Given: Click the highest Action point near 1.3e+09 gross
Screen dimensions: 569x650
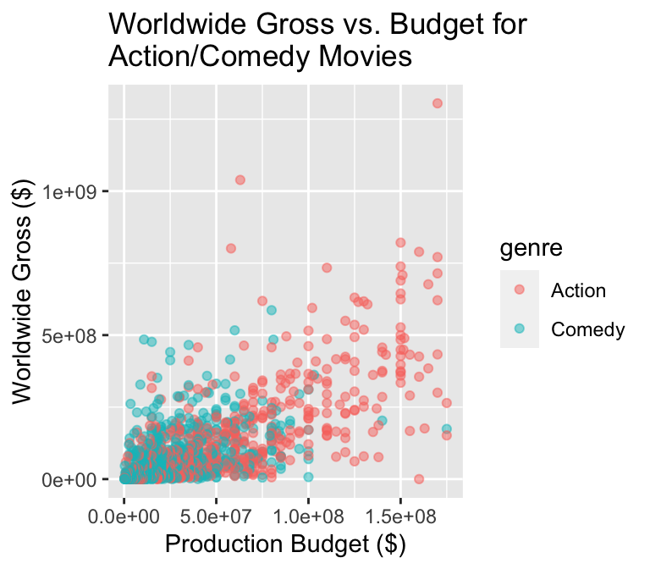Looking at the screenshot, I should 438,103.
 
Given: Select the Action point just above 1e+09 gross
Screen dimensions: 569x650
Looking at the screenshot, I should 240,180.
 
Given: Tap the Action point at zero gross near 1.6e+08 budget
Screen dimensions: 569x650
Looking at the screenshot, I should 419,479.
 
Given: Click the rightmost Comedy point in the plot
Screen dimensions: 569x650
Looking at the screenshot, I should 447,429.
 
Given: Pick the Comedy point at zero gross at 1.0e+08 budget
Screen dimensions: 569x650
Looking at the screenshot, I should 308,478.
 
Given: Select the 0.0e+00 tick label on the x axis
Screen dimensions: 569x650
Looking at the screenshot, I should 124,515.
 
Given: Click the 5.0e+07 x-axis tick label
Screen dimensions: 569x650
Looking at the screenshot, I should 216,515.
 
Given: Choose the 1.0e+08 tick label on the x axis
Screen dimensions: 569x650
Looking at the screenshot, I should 308,515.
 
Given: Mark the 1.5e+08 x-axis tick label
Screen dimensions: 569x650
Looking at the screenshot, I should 400,515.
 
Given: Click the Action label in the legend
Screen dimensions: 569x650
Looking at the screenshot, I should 578,291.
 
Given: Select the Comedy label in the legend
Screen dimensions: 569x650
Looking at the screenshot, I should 587,329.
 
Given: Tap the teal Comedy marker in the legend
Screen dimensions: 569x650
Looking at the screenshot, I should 519,329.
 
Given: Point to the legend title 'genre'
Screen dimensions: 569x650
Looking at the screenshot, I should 532,248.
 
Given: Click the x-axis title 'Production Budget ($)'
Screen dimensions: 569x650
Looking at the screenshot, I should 286,544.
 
